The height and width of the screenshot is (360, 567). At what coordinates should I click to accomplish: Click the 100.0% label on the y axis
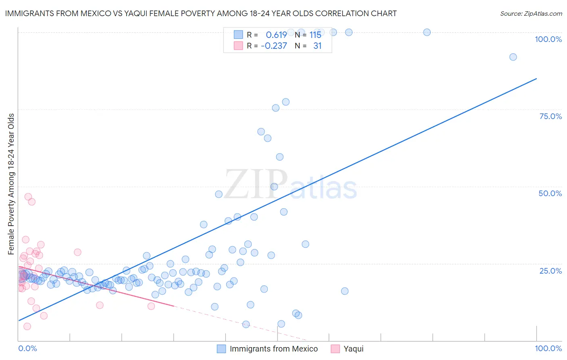pos(548,39)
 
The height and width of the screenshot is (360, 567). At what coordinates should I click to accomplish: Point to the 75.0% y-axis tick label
pos(550,116)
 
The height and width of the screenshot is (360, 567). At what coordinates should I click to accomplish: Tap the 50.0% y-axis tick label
pos(550,193)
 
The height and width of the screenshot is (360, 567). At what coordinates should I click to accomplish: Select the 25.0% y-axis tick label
pos(550,270)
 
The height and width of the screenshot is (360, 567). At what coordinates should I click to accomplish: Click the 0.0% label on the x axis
pos(27,348)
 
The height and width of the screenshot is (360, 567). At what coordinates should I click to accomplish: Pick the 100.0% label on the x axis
pos(548,348)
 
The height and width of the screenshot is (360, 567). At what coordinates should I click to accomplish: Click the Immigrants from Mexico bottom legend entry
pos(273,349)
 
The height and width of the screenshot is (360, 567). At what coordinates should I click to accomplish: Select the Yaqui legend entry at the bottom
pos(353,349)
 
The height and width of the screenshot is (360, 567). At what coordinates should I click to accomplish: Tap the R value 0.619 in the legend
pos(276,35)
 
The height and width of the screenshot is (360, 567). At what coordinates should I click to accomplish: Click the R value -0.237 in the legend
pos(274,46)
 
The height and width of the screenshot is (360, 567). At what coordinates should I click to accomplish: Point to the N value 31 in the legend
pos(317,46)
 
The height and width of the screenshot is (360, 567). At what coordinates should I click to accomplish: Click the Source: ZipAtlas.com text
pos(531,13)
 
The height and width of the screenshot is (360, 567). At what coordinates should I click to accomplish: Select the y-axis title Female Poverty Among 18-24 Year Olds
pos(11,184)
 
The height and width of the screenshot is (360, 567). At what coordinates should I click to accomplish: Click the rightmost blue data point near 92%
pos(513,57)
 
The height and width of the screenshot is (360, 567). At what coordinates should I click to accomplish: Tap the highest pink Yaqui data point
pos(28,197)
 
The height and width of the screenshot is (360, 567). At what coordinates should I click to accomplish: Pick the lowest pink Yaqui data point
pos(27,326)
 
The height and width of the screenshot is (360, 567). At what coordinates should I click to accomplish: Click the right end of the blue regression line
pos(536,78)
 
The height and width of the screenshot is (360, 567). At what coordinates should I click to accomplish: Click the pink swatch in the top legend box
pos(238,46)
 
